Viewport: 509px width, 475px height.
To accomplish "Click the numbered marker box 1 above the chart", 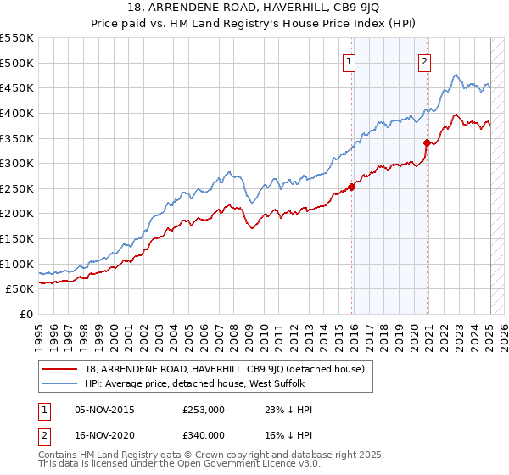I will tap(350, 60).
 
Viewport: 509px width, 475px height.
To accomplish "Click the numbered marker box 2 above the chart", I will tap(423, 60).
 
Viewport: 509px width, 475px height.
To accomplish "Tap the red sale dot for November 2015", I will tap(351, 187).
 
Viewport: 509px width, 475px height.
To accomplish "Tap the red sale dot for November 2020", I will tap(427, 143).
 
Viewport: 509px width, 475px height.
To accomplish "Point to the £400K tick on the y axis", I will tap(17, 113).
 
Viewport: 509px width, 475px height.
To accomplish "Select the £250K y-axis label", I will tap(17, 188).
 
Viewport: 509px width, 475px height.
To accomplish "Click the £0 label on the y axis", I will tap(27, 314).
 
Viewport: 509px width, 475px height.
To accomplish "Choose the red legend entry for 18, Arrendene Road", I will tap(224, 369).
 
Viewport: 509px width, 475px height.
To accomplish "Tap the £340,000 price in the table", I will tap(204, 434).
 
